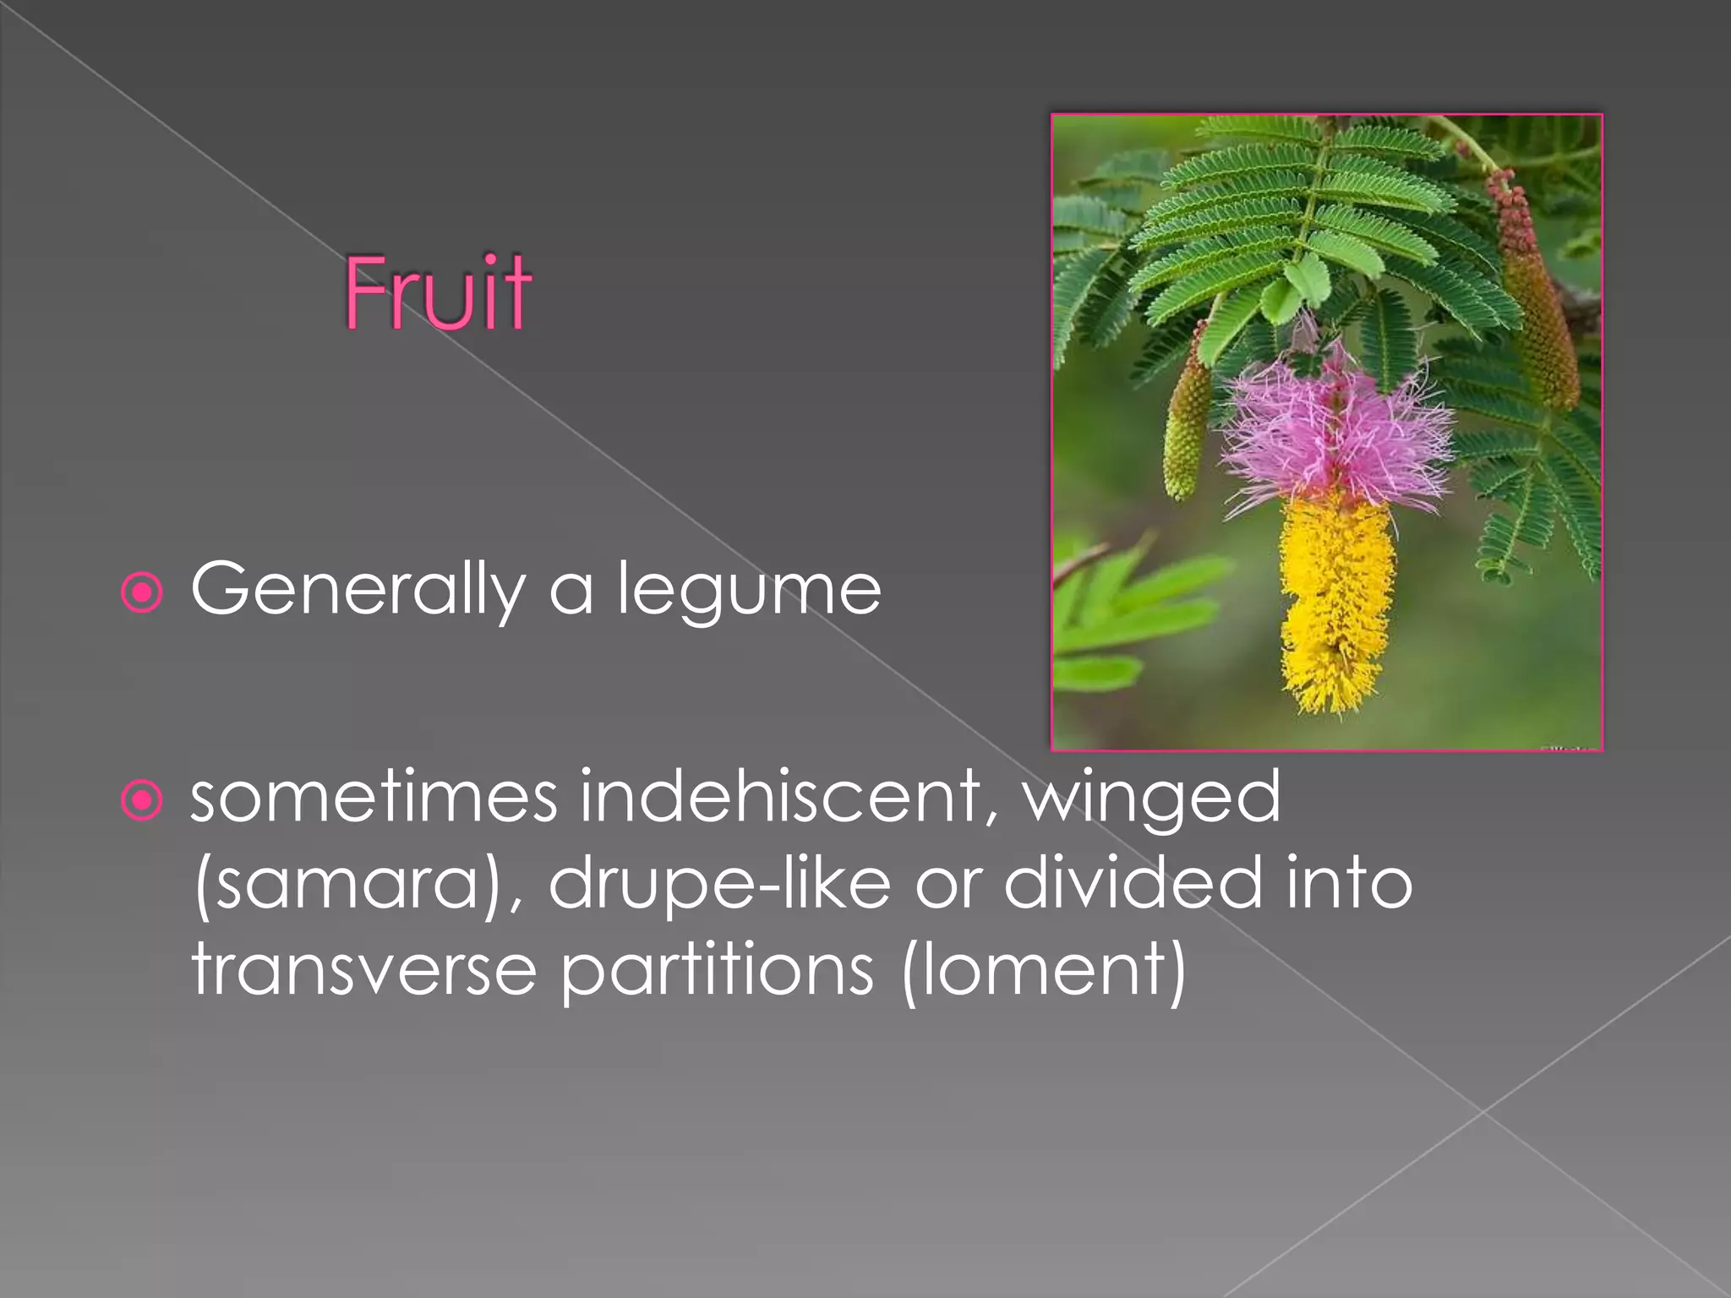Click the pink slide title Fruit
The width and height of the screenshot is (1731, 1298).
pos(437,293)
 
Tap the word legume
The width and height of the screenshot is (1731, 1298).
pos(749,590)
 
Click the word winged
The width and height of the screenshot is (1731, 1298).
pos(1152,799)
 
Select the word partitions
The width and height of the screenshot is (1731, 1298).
pos(717,970)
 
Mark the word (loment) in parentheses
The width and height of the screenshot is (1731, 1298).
pos(1044,970)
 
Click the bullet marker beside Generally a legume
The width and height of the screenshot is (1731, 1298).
pos(142,592)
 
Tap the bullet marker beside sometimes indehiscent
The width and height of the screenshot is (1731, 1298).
pos(142,799)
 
